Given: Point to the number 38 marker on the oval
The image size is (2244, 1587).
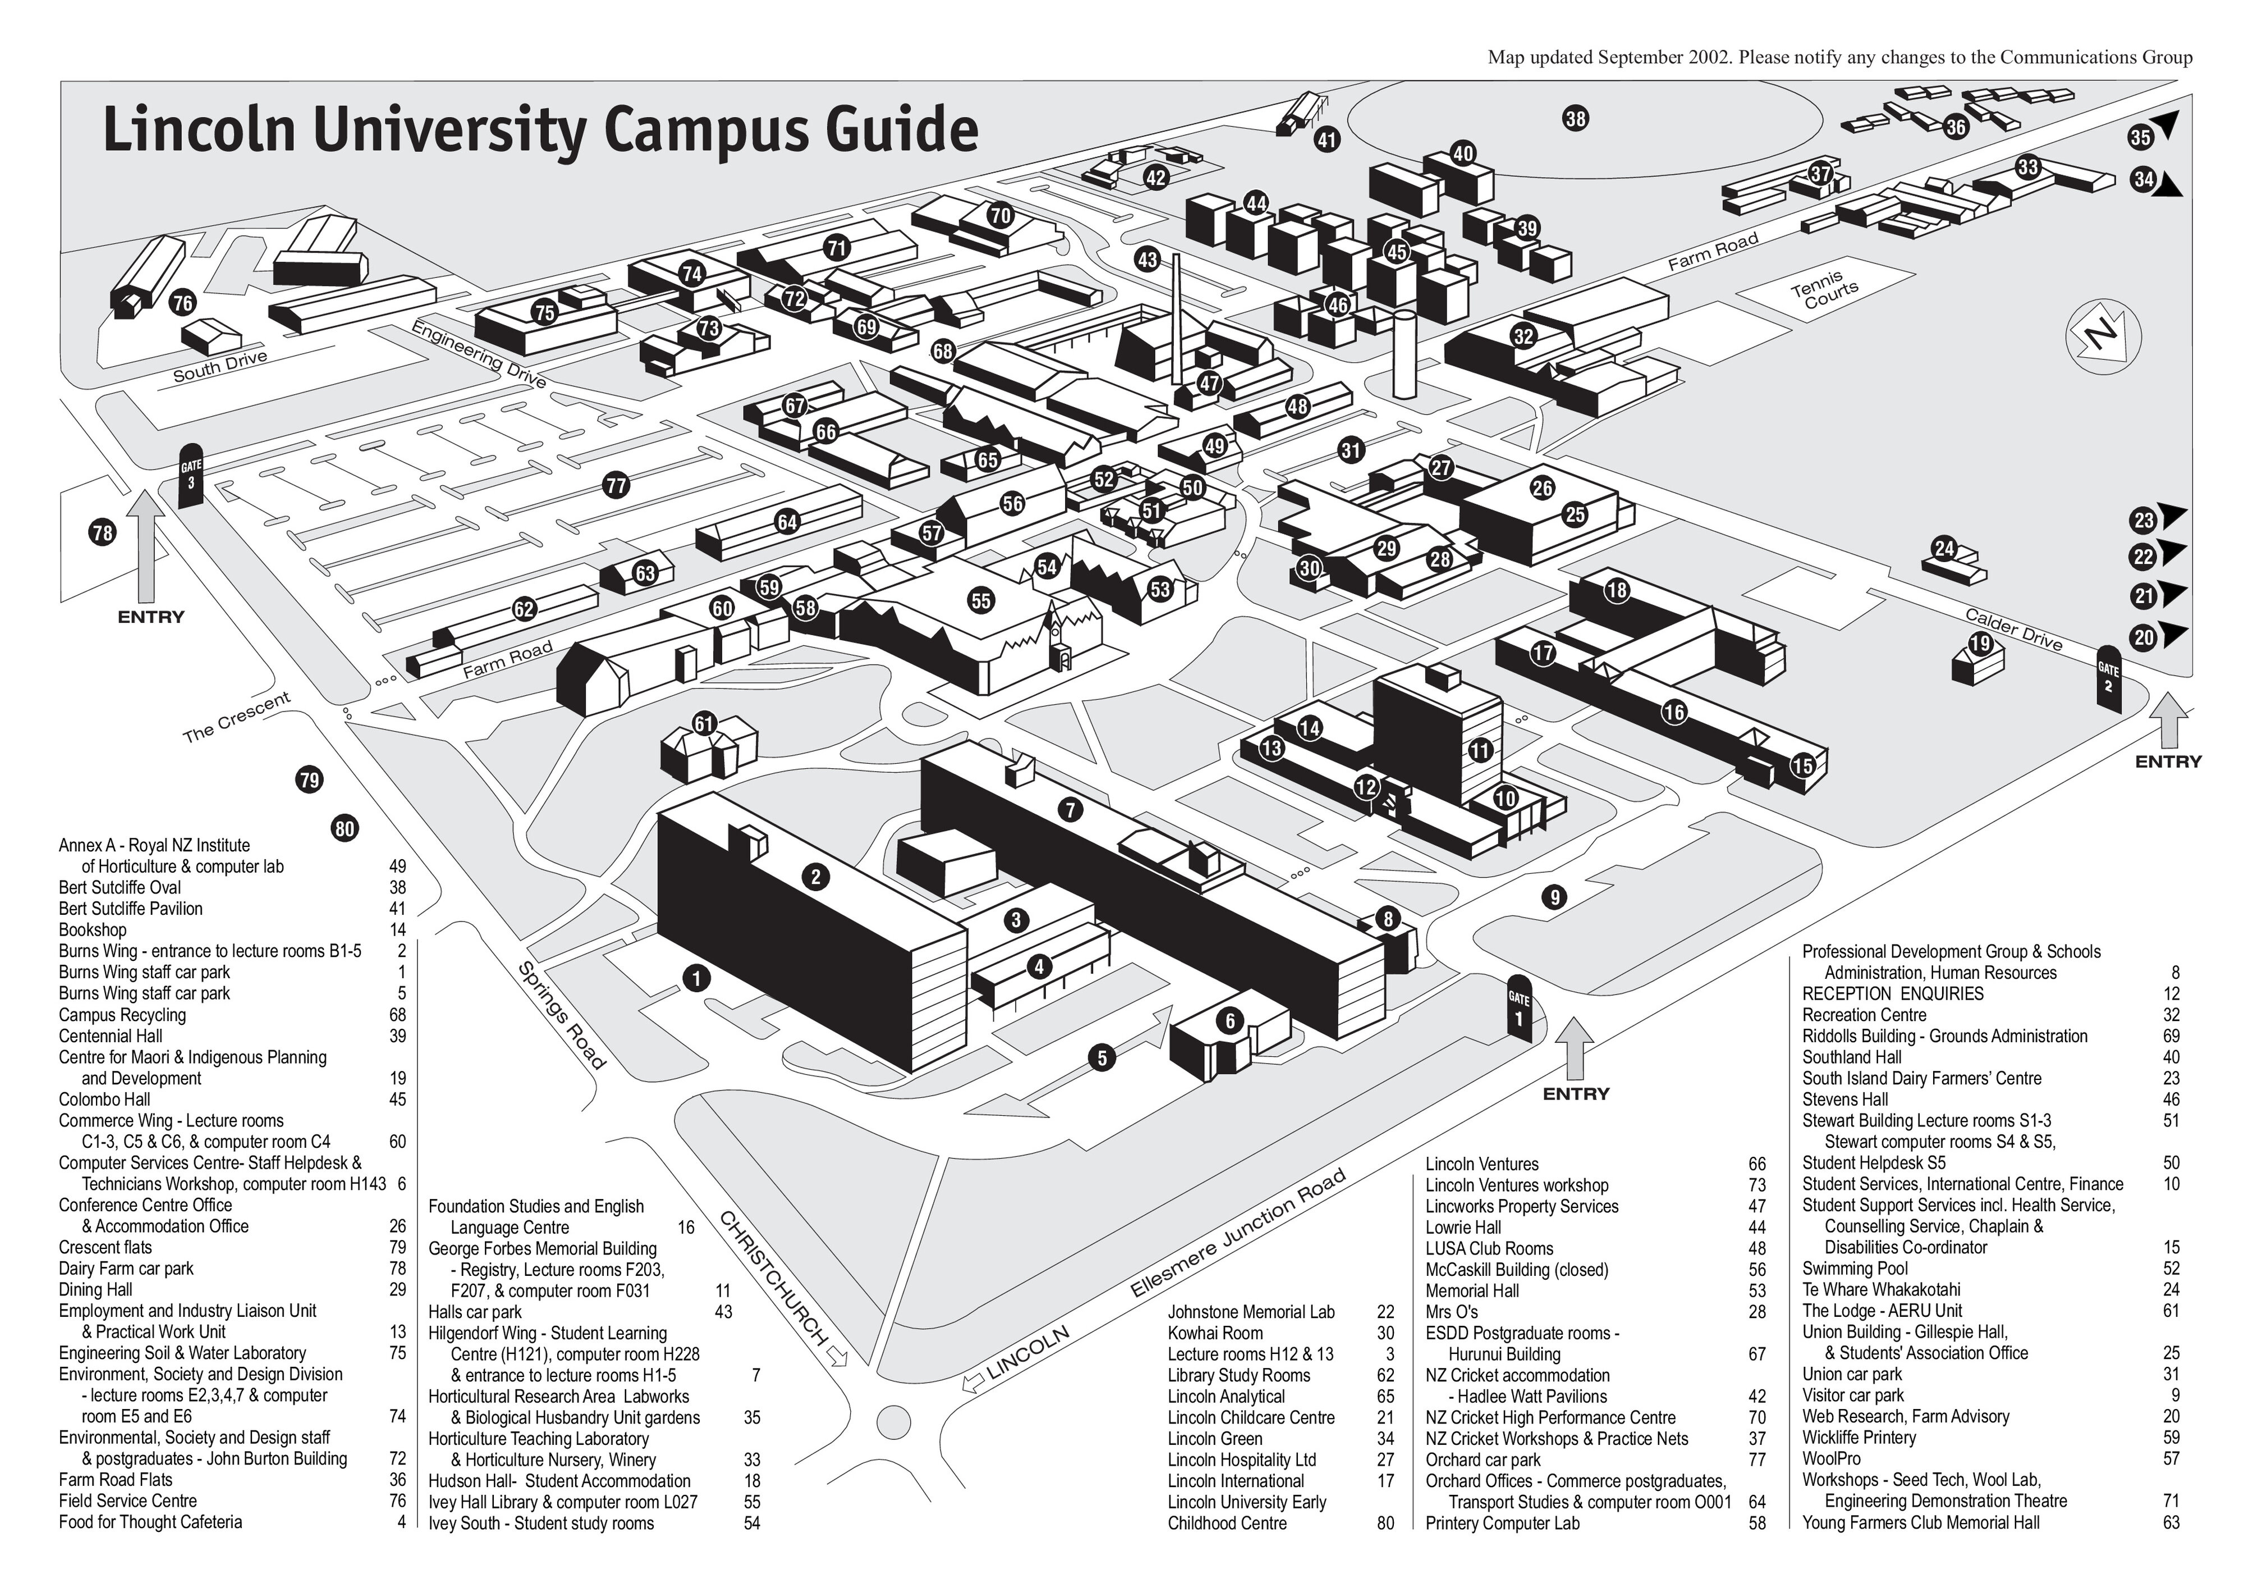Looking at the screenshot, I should [1576, 119].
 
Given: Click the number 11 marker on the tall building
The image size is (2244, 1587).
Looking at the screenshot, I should [1481, 751].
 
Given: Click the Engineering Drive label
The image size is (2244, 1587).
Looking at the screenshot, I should [478, 354].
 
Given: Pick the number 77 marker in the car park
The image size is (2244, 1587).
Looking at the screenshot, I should [616, 485].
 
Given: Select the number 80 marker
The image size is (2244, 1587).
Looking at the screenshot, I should [344, 829].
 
